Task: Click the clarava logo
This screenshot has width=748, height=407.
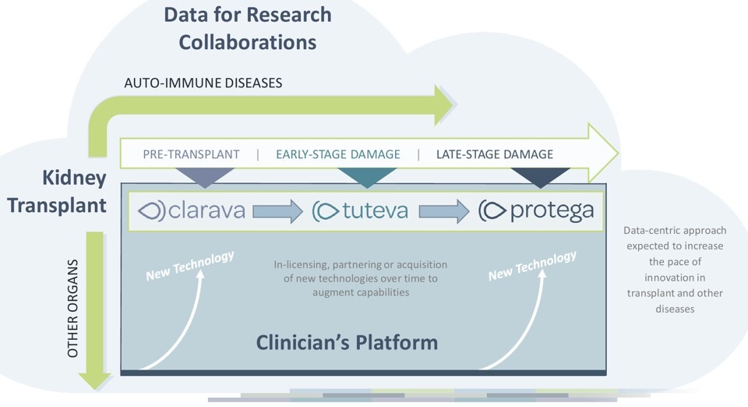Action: click(x=191, y=211)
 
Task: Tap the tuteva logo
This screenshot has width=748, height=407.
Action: click(x=359, y=211)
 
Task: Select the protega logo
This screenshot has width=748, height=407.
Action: click(x=536, y=210)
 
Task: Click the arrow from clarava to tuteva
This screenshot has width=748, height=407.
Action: click(x=277, y=211)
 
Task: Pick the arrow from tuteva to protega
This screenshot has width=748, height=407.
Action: click(x=444, y=211)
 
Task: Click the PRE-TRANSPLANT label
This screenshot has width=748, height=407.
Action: click(x=191, y=154)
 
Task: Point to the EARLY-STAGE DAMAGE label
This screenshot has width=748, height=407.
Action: click(x=337, y=154)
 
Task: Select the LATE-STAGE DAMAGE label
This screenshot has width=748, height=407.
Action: click(x=494, y=154)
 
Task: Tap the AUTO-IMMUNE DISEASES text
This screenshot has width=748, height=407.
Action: click(x=203, y=82)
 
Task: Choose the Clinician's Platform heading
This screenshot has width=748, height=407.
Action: click(x=347, y=342)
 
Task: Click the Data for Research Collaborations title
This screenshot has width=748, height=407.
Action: click(x=248, y=27)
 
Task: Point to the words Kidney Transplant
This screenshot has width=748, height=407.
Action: click(x=74, y=192)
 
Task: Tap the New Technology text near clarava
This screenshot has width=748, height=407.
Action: click(x=190, y=265)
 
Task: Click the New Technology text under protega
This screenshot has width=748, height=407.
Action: click(x=532, y=265)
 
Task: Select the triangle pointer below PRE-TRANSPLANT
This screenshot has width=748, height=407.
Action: click(x=205, y=177)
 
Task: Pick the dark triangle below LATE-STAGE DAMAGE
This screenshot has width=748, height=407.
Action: click(x=539, y=177)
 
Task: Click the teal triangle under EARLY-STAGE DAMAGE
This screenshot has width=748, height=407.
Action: click(x=366, y=177)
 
